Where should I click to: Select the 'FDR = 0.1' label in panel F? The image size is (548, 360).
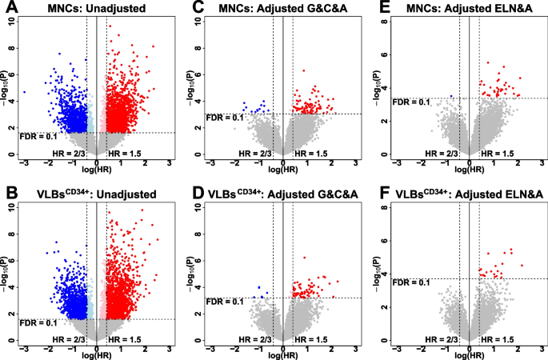tap(411, 283)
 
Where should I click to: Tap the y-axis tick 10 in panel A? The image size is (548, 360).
tap(11, 19)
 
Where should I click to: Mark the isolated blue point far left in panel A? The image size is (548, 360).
tap(25, 92)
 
